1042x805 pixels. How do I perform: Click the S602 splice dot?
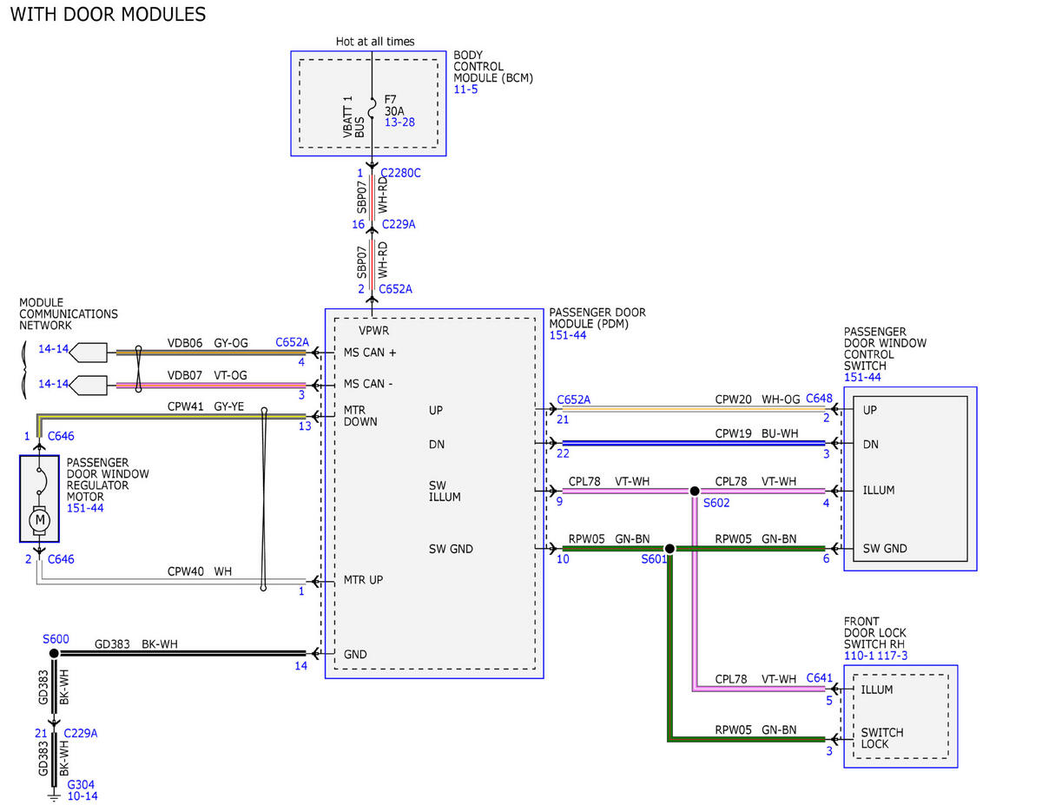tap(694, 491)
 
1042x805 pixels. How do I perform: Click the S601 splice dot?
tap(669, 549)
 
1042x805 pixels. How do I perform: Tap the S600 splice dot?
tap(54, 653)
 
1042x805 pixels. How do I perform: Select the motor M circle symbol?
tap(39, 519)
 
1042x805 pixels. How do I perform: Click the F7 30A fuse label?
tap(394, 105)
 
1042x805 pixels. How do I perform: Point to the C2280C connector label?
tap(400, 173)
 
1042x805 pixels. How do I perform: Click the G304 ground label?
tap(81, 784)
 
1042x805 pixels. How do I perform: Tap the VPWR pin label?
tap(373, 330)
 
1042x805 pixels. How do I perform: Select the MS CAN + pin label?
tap(370, 353)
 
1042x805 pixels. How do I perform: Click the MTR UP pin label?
tap(363, 580)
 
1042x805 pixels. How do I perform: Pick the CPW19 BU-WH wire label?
tap(756, 433)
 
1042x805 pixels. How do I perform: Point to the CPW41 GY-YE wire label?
tap(205, 406)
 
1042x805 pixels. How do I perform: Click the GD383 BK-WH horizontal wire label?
tap(135, 643)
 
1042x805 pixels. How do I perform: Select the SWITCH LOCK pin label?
tap(882, 738)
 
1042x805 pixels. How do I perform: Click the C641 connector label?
tap(820, 678)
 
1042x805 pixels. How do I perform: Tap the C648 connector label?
tap(819, 399)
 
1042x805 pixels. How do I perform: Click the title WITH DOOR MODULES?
tap(108, 15)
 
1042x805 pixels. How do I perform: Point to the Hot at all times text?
tap(375, 42)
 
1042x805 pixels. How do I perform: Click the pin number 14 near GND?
tap(300, 665)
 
